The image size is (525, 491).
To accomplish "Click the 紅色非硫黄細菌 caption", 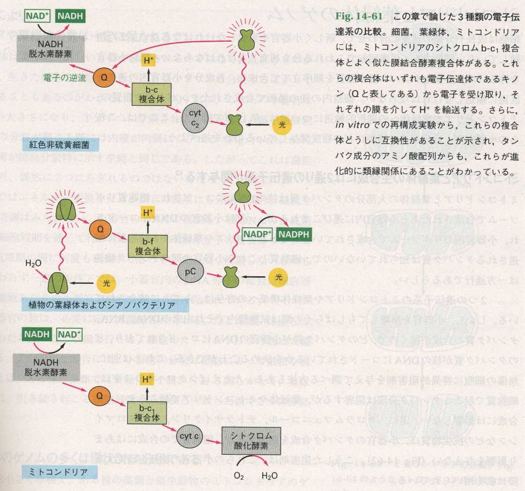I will pos(61,145).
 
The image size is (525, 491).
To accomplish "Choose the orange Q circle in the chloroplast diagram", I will pos(100,230).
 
